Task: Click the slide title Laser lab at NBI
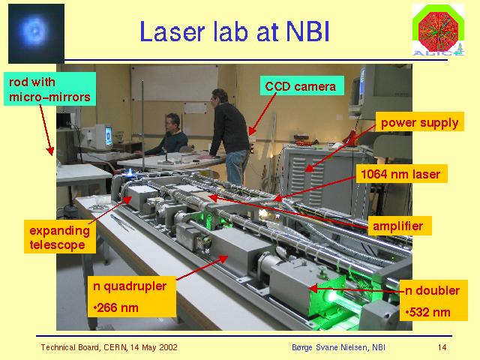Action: [x=235, y=31]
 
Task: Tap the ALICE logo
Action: [x=438, y=30]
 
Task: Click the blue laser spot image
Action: [x=36, y=33]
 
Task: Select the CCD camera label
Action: [x=301, y=86]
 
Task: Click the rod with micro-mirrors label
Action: [x=50, y=89]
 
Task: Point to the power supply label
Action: [x=419, y=122]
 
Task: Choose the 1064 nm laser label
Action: [x=400, y=174]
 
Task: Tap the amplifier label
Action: [x=399, y=226]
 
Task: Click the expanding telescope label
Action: [x=60, y=237]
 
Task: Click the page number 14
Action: [x=442, y=347]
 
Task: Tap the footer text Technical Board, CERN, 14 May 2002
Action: [x=109, y=347]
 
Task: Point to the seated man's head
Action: [x=172, y=122]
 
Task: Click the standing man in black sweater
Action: [x=230, y=136]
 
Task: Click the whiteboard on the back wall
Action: [x=175, y=82]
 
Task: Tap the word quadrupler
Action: [x=135, y=286]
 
